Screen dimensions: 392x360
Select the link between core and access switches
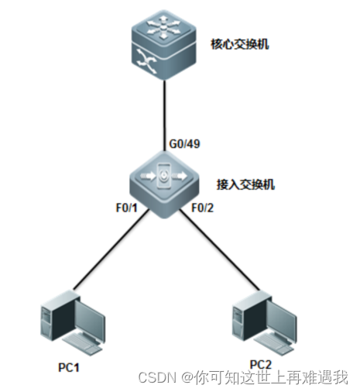[165, 108]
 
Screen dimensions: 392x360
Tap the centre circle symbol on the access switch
[165, 177]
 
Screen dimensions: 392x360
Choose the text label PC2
[261, 365]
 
